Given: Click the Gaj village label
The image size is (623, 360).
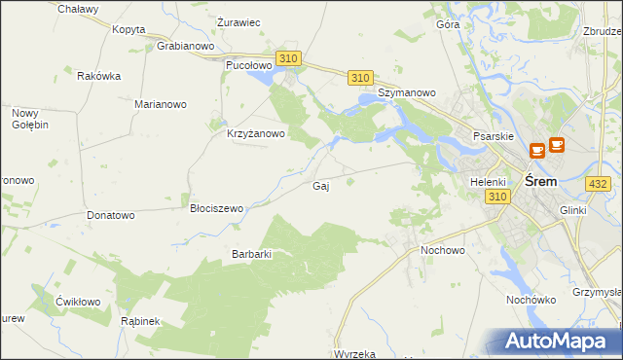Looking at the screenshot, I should coord(319,186).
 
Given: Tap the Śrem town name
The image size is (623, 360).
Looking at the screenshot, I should coord(540,182).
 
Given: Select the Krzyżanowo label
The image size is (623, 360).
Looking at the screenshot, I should coord(255,134).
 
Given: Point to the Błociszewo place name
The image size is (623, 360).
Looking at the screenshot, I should coord(216,208).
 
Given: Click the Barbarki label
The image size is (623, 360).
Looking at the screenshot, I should coord(251,254).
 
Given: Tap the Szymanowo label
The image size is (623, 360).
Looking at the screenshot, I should coord(406,93).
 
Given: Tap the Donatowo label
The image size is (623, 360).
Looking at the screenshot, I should coord(110,214).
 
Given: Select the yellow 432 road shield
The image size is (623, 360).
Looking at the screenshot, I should coord(598,183).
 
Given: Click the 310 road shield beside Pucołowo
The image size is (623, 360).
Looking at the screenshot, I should coord(287,59).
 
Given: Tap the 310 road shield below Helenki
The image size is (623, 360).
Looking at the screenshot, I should coord(497,197).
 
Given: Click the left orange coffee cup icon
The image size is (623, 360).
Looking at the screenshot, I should coord(536,151).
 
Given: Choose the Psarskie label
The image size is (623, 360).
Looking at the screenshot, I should coord(493,137).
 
